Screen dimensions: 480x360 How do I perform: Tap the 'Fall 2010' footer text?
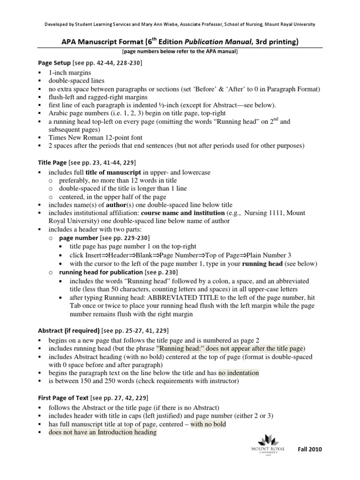pyautogui.click(x=310, y=449)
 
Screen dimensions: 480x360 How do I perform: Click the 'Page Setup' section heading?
pyautogui.click(x=54, y=62)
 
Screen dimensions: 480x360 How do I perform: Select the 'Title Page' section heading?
pyautogui.click(x=52, y=163)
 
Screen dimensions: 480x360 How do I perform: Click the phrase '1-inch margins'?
pyautogui.click(x=70, y=73)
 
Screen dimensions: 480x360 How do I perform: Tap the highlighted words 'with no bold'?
pyautogui.click(x=208, y=424)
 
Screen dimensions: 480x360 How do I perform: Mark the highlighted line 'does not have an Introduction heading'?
pyautogui.click(x=103, y=433)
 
